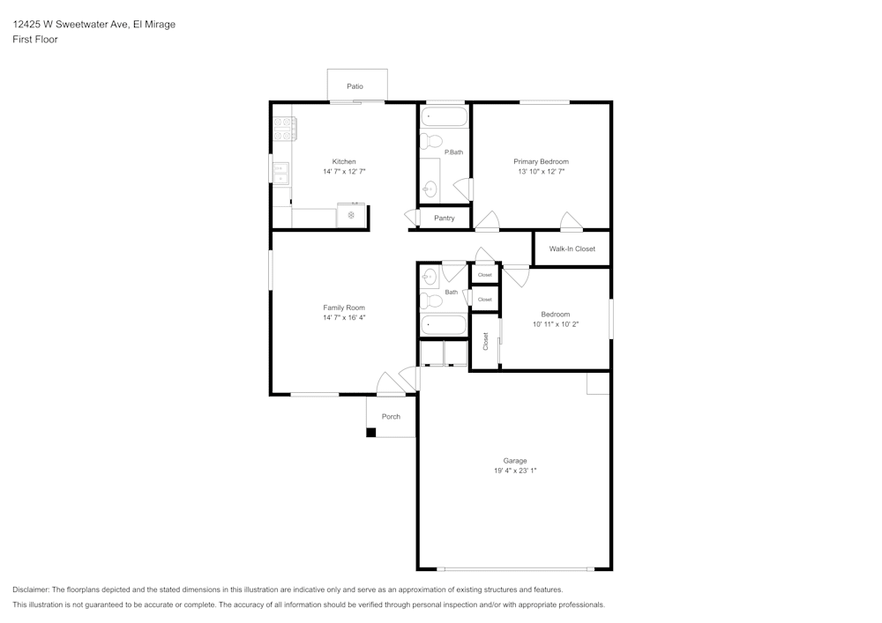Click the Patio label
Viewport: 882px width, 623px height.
click(x=355, y=86)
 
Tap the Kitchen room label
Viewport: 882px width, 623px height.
click(x=344, y=161)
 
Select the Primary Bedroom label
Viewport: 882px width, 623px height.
click(x=541, y=161)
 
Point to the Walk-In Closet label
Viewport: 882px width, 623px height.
click(x=572, y=248)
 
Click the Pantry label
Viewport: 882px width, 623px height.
click(x=445, y=218)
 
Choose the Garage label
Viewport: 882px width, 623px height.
click(x=515, y=461)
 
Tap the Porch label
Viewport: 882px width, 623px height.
click(x=391, y=417)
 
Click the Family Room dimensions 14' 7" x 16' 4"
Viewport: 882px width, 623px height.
click(x=344, y=317)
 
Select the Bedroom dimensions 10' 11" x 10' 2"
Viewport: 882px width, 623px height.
click(x=556, y=324)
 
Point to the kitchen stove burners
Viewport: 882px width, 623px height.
click(x=284, y=130)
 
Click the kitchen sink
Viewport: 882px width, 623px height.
click(x=281, y=172)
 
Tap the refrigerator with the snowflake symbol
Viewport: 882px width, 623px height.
click(x=351, y=215)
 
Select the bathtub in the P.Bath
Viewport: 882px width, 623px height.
click(x=445, y=116)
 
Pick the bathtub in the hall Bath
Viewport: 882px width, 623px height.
click(x=444, y=325)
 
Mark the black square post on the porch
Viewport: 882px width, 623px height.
click(x=371, y=432)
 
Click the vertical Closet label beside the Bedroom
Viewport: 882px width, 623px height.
click(x=485, y=341)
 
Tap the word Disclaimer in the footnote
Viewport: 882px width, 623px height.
click(x=31, y=590)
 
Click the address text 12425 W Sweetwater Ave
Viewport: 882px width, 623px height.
click(x=71, y=25)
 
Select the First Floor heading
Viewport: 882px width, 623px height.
click(x=35, y=40)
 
